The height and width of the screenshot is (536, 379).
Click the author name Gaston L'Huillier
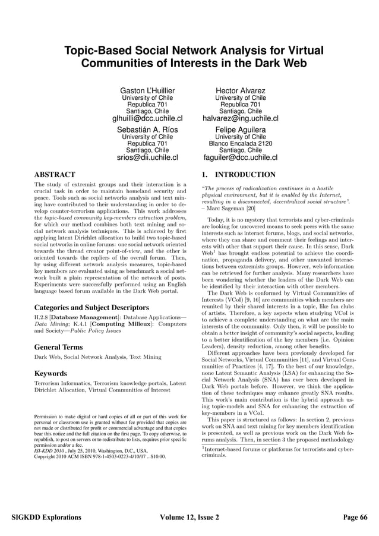pyautogui.click(x=148, y=90)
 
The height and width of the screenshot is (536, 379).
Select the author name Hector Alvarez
pyautogui.click(x=240, y=90)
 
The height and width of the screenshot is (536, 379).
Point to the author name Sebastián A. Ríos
pyautogui.click(x=148, y=130)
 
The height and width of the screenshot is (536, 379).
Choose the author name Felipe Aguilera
pyautogui.click(x=240, y=130)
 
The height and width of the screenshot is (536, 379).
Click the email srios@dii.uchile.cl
pyautogui.click(x=148, y=157)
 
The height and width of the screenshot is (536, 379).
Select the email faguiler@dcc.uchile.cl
pyautogui.click(x=240, y=157)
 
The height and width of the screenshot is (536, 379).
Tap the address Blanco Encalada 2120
pyautogui.click(x=240, y=143)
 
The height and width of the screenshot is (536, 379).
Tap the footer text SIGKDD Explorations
pyautogui.click(x=47, y=518)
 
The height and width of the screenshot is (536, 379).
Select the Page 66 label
pyautogui.click(x=355, y=518)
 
